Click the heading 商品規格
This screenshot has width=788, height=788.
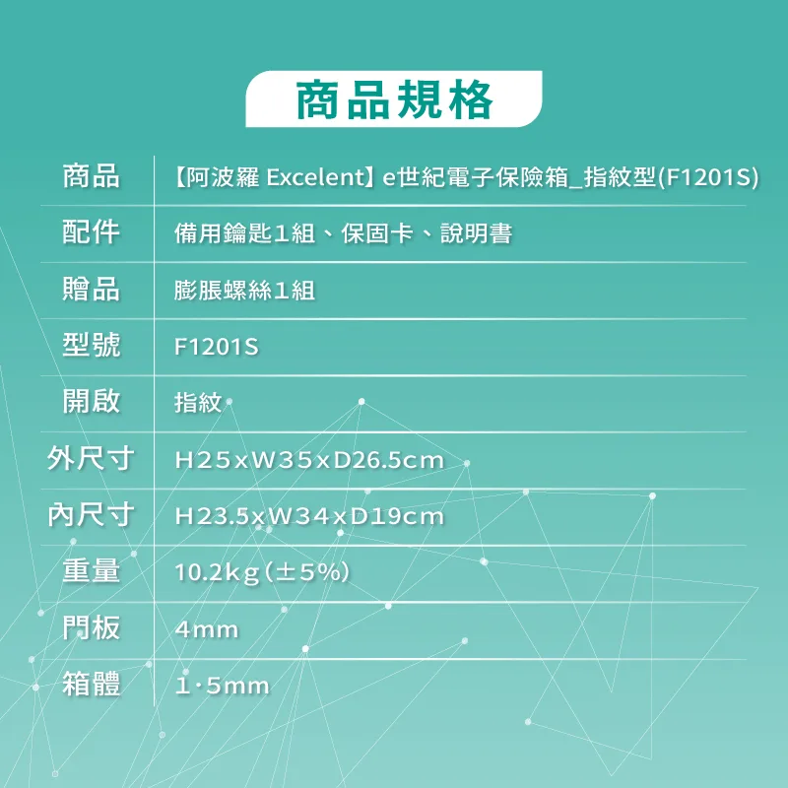pos(394,100)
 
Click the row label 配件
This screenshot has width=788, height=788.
pos(91,232)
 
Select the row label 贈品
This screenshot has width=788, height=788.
pos(91,289)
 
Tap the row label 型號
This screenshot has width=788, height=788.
pos(91,346)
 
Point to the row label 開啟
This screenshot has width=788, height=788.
pos(91,402)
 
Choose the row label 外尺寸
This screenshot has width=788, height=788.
pos(91,458)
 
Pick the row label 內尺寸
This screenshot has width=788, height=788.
pos(91,515)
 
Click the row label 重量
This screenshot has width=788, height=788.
pos(91,571)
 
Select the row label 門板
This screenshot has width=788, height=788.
pos(91,628)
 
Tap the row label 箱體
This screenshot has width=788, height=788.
pos(91,685)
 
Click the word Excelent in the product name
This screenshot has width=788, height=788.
pos(315,177)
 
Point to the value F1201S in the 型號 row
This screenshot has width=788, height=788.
pos(216,347)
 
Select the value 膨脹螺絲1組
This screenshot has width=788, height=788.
pos(244,291)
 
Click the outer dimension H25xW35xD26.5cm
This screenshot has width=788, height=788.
pos(309,460)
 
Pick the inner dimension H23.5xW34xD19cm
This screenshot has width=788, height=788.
pos(309,516)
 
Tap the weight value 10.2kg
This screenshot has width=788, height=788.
pos(217,573)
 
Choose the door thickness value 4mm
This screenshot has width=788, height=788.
pos(207,629)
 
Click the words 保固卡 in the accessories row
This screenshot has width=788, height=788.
pos(377,233)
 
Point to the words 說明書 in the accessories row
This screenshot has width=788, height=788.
pos(477,233)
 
